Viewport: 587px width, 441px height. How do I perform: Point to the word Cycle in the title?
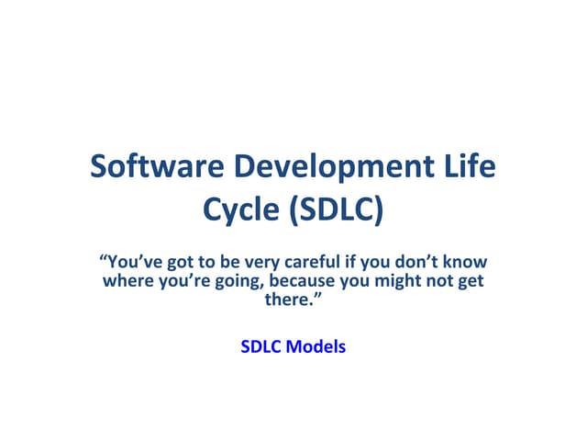coord(240,210)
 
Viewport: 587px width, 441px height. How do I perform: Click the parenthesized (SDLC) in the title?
coord(335,210)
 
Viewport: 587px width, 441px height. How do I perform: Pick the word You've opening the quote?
coord(127,262)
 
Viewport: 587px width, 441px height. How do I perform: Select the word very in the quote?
coord(249,262)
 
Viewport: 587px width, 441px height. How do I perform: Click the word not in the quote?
coord(442,280)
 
